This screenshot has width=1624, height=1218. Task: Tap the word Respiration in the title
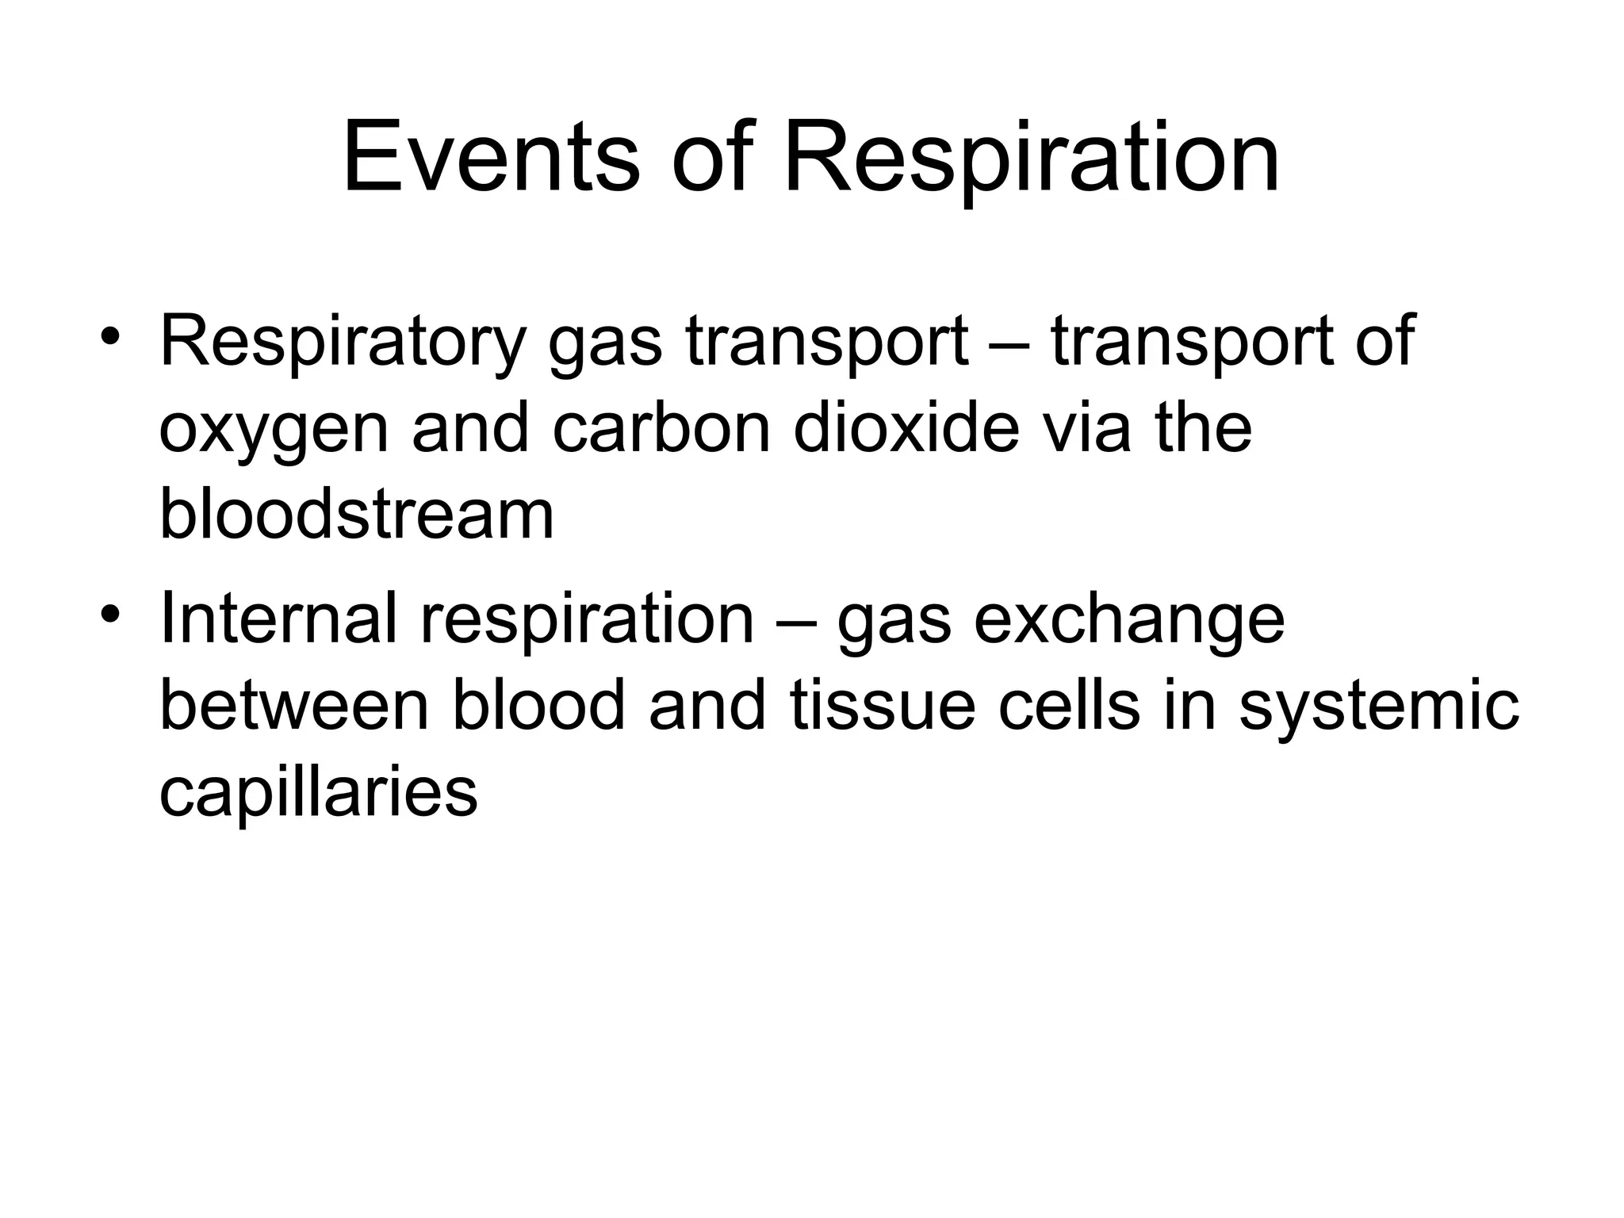point(1032,159)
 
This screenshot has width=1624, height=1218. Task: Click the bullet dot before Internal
point(110,615)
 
